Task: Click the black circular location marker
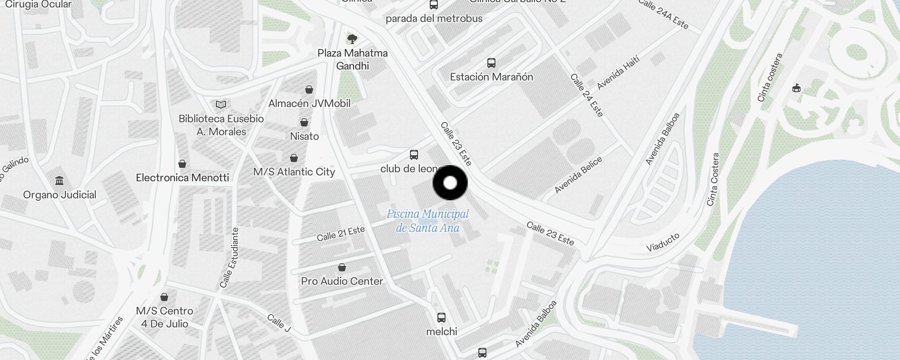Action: [450, 183]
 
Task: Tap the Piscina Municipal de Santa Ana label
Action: [427, 220]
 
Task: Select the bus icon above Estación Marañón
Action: [491, 63]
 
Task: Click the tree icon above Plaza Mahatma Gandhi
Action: [352, 39]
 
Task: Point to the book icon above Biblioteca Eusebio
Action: [220, 105]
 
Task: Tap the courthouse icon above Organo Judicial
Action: [59, 181]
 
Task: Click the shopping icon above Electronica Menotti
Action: [182, 163]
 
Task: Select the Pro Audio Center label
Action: [342, 281]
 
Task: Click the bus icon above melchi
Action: [441, 318]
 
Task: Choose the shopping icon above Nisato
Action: [304, 122]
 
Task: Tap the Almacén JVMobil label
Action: [309, 103]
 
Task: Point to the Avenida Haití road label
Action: [618, 73]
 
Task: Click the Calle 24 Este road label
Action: [586, 95]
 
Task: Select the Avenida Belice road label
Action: [578, 175]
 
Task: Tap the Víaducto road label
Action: [662, 242]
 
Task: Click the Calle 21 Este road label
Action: [341, 234]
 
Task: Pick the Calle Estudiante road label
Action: [229, 257]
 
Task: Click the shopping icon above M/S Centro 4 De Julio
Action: [164, 297]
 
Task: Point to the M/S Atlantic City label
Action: [294, 172]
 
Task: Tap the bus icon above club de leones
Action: [414, 155]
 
